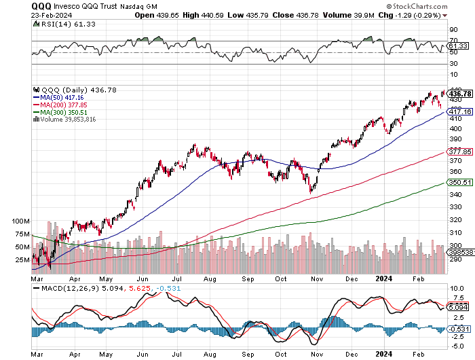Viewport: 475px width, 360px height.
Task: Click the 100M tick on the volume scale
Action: tap(20, 222)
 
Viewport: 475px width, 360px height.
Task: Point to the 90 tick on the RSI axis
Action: tap(453, 30)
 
